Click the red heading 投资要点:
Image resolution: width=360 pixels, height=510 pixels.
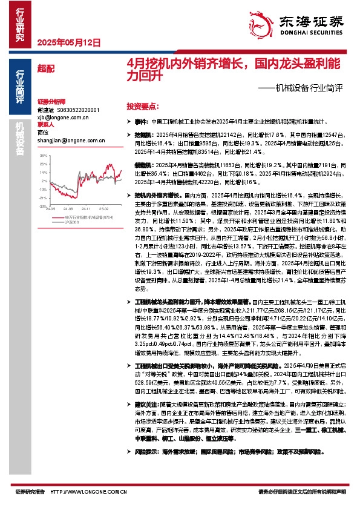[143, 105]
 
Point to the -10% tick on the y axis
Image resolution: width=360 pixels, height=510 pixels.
[43, 188]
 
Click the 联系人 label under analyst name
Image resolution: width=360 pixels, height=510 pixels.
[45, 125]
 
